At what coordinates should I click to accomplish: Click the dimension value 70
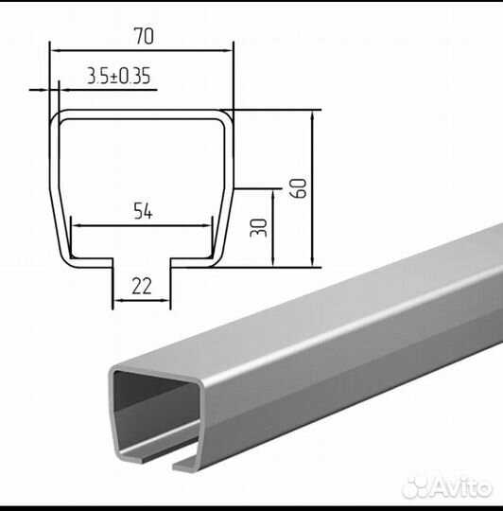pos(144,36)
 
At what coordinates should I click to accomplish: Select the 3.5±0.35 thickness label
pos(119,76)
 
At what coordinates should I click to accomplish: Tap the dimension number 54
pos(144,211)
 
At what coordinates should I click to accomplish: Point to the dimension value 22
pos(142,286)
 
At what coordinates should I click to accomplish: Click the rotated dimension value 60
pos(299,188)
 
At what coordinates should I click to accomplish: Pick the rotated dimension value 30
pos(258,227)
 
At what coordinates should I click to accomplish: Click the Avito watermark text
pos(462,487)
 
